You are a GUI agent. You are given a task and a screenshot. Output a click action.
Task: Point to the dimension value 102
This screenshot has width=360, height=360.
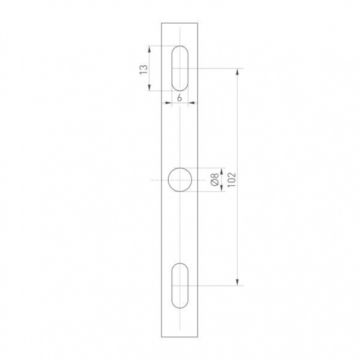pos(230,178)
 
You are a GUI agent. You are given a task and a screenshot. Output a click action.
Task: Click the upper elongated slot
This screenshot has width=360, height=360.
pos(180,68)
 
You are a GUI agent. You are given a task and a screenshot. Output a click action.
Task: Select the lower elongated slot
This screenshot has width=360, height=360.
pos(180,285)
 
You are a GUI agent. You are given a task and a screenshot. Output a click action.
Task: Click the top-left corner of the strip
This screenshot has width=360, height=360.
pos(162,23)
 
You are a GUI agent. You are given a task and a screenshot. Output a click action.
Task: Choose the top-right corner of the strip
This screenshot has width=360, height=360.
pos(198,23)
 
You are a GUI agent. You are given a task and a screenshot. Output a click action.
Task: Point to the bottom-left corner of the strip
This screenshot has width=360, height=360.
pos(162,337)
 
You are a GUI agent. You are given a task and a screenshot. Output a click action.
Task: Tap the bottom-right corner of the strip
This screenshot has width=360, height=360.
pos(198,337)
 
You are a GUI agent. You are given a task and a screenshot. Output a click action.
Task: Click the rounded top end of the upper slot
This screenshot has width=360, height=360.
pos(180,47)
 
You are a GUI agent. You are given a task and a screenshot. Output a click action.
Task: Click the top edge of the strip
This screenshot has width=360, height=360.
pos(180,23)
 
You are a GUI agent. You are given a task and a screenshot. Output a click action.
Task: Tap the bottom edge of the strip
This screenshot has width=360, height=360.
pos(180,337)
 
